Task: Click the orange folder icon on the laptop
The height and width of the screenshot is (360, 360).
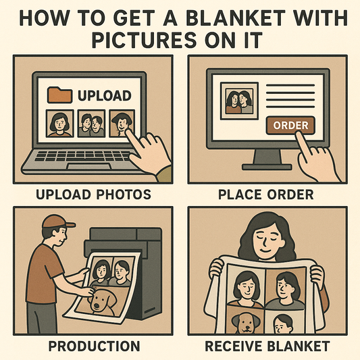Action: (x=61, y=95)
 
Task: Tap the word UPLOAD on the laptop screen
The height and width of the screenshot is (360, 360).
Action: (x=104, y=95)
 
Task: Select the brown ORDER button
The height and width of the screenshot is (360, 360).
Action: (x=291, y=125)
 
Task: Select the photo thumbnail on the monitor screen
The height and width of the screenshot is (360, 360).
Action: (x=238, y=101)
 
